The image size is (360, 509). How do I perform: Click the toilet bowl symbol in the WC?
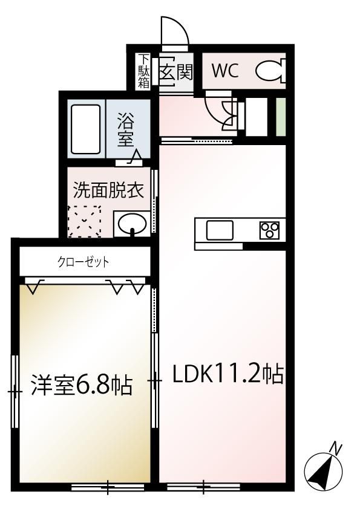(x=270, y=71)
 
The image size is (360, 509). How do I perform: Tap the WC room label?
(x=225, y=71)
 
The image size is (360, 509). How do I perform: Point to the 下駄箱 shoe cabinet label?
(x=144, y=71)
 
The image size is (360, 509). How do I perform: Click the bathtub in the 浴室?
(x=85, y=129)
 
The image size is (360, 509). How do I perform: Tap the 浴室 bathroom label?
(x=125, y=129)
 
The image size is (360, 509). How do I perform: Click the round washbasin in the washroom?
(x=132, y=223)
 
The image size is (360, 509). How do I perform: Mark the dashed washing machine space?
(x=84, y=221)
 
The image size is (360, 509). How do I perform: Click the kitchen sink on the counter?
(x=220, y=230)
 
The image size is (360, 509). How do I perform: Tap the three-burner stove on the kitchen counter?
(x=269, y=230)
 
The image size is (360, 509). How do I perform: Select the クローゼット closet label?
(x=83, y=262)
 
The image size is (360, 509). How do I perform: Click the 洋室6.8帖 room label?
(x=82, y=385)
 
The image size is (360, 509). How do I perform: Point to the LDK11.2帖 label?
(x=228, y=374)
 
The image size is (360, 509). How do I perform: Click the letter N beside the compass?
(x=336, y=449)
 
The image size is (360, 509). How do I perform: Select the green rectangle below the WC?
(x=281, y=117)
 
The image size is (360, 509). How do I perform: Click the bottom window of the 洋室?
(x=108, y=487)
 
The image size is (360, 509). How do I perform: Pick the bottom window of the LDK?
(x=203, y=487)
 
